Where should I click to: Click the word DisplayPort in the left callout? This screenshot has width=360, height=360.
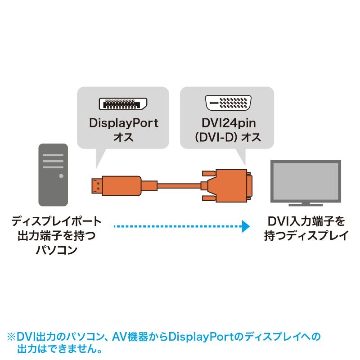[x=123, y=123]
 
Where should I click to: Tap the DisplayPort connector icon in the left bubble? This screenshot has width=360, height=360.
[x=123, y=104]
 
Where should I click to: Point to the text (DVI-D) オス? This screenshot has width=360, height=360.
[x=226, y=137]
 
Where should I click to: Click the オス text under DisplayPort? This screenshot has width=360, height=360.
[x=123, y=137]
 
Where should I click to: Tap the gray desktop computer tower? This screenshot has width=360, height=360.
[x=53, y=176]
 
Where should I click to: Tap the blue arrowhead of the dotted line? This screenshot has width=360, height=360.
[x=244, y=226]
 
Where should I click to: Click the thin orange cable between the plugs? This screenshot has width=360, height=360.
[x=178, y=185]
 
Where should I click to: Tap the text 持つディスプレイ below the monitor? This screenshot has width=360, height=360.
[x=306, y=235]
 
